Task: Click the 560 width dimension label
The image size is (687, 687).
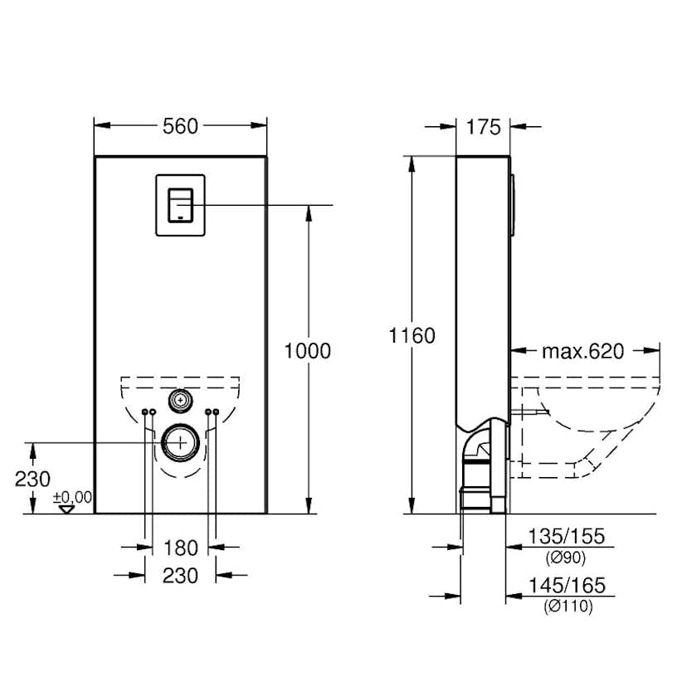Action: tap(180, 126)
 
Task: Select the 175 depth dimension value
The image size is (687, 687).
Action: tap(484, 127)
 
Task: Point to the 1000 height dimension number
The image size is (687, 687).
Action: tap(307, 351)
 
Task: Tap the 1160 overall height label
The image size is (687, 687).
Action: tap(412, 336)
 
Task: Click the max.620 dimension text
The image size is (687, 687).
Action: tap(582, 352)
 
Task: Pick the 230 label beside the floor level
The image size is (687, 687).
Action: tap(32, 479)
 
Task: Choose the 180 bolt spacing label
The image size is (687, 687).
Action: tap(180, 548)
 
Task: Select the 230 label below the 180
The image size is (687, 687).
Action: tap(180, 575)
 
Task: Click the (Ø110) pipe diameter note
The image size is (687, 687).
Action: tap(568, 607)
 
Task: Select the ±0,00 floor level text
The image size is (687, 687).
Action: tap(72, 496)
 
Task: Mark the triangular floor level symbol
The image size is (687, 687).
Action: tap(67, 508)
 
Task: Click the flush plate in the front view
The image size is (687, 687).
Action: tap(179, 203)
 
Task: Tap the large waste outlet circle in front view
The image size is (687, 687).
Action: tap(179, 442)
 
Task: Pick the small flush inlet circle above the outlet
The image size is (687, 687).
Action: tap(179, 400)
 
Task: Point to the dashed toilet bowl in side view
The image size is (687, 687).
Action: tap(597, 423)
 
